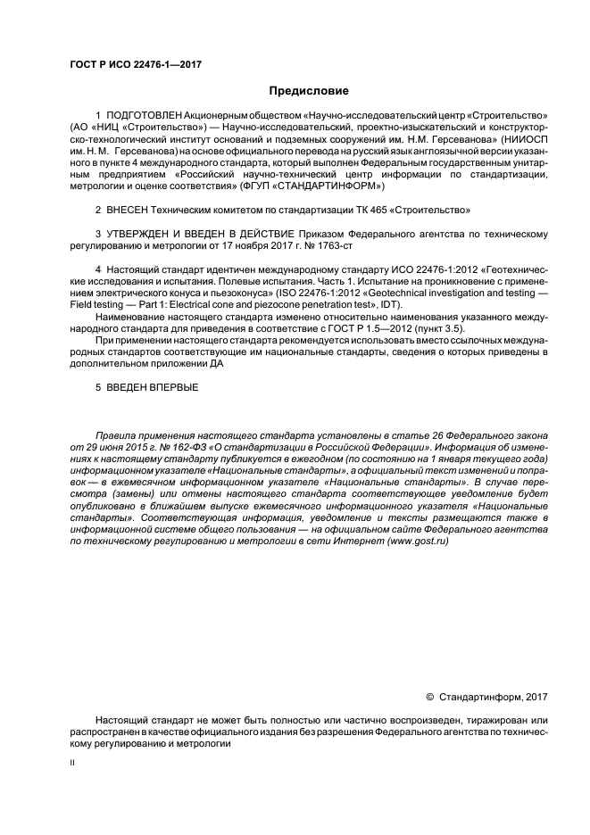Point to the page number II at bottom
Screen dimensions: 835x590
72,764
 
